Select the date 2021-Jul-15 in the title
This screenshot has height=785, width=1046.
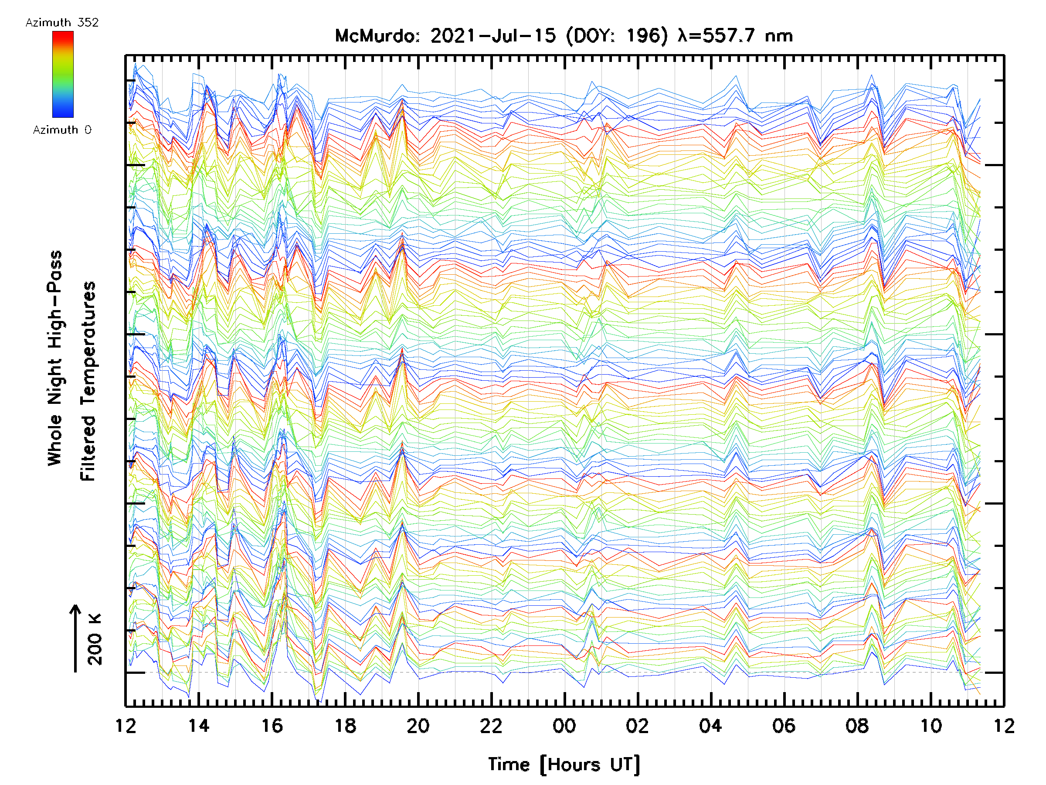[493, 36]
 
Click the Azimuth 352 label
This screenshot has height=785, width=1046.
[62, 23]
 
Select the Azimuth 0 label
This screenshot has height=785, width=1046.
[62, 130]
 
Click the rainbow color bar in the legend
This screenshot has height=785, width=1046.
[63, 74]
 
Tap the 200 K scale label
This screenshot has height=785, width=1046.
[95, 639]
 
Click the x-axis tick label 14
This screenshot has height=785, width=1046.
[199, 726]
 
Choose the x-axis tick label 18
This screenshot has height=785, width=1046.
[345, 726]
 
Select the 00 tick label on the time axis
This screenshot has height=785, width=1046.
[564, 726]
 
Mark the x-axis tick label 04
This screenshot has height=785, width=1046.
[711, 726]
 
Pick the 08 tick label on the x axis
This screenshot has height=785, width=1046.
[857, 726]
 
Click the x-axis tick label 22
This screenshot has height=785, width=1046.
[491, 726]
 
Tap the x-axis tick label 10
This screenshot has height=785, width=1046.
[931, 726]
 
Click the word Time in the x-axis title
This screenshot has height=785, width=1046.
[509, 765]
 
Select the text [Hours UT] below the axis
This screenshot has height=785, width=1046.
[590, 765]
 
